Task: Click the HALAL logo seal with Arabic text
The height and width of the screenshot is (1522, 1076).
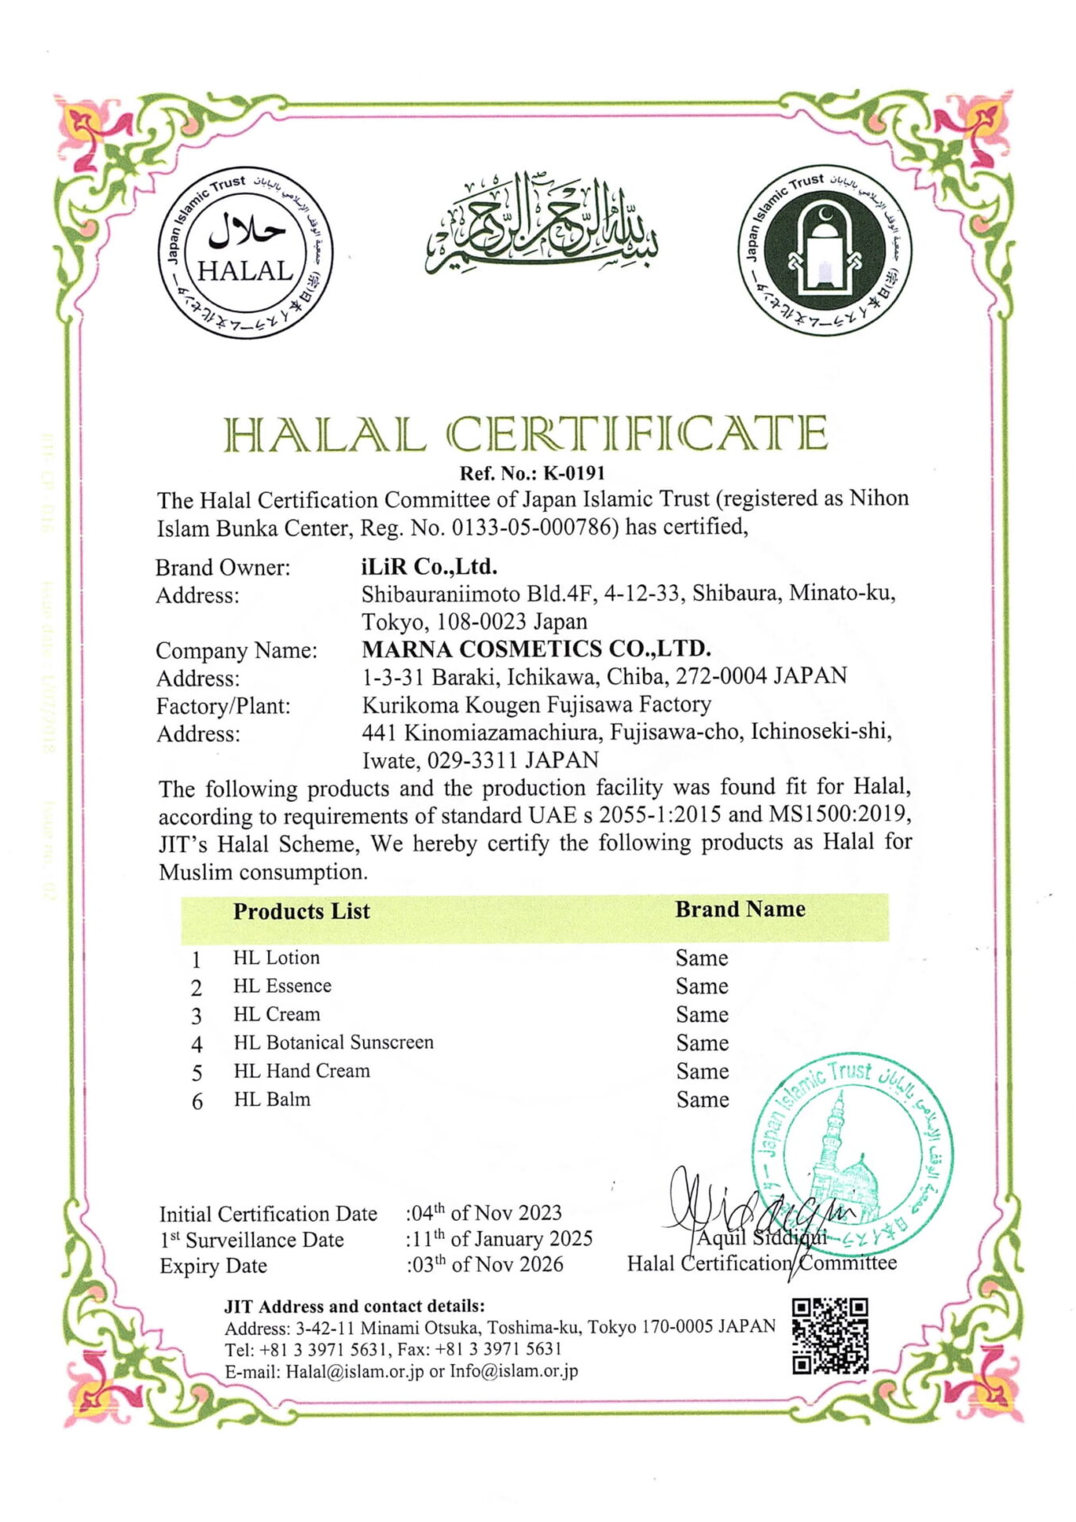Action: pyautogui.click(x=246, y=252)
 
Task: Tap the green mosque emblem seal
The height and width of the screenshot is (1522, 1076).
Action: pyautogui.click(x=825, y=250)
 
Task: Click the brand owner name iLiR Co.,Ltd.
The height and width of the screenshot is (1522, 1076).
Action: pyautogui.click(x=429, y=567)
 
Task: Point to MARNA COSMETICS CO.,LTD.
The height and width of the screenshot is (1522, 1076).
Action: pyautogui.click(x=536, y=649)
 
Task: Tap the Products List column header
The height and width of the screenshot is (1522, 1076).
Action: pyautogui.click(x=301, y=912)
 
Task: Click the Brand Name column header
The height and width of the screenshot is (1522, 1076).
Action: pyautogui.click(x=740, y=909)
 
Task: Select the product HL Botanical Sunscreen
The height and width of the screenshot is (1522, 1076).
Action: pyautogui.click(x=333, y=1042)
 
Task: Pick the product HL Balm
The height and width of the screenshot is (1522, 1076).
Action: pyautogui.click(x=272, y=1099)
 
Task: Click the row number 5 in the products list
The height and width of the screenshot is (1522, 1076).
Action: pyautogui.click(x=197, y=1073)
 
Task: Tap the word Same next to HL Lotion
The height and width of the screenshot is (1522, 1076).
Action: pyautogui.click(x=702, y=958)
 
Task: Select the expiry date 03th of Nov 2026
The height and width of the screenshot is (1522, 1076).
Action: pyautogui.click(x=486, y=1264)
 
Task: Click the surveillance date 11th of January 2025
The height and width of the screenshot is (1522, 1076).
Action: pyautogui.click(x=500, y=1239)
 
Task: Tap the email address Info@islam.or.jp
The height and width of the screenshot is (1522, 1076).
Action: pyautogui.click(x=514, y=1371)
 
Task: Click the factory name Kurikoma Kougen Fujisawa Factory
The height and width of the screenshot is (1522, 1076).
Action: pyautogui.click(x=536, y=705)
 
